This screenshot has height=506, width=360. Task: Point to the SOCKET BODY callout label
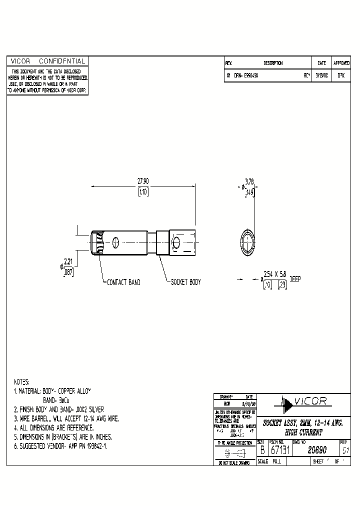pos(185,282)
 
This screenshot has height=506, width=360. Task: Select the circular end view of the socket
pos(247,242)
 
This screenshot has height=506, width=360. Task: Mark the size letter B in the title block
pos(261,450)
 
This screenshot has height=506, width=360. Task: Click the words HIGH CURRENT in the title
pos(304,431)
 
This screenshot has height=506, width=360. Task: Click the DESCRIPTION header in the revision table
pos(273,63)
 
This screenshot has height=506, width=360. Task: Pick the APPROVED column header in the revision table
pos(341,63)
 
